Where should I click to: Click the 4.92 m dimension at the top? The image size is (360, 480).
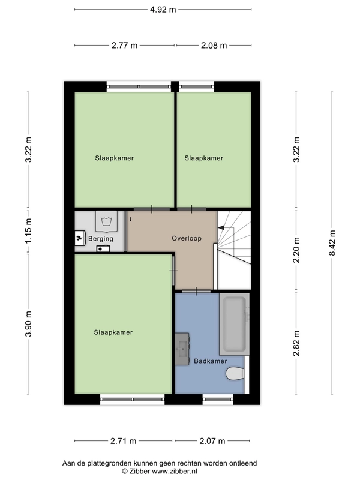click(163, 10)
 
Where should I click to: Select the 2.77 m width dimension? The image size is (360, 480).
click(124, 46)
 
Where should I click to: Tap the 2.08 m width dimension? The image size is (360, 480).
click(214, 46)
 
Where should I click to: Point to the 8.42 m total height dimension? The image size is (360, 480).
click(332, 243)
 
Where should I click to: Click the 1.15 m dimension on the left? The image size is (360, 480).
click(28, 231)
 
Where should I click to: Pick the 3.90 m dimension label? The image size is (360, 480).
click(28, 324)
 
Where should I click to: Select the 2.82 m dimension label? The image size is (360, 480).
click(296, 343)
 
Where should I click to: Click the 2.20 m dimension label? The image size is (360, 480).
click(296, 250)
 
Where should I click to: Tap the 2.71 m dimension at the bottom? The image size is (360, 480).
click(123, 441)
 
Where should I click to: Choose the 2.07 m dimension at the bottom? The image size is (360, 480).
click(212, 441)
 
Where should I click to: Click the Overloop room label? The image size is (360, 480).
click(187, 238)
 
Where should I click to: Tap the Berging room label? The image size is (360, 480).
click(101, 239)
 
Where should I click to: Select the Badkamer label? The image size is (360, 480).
click(211, 361)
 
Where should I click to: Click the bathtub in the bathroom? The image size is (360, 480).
click(234, 324)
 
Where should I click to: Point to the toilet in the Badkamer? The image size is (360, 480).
click(235, 374)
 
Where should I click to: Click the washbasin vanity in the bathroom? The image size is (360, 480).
click(182, 349)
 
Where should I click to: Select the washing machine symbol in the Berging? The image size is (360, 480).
click(107, 221)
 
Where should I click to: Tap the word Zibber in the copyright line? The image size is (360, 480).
click(140, 471)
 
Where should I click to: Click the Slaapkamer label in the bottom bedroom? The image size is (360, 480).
click(113, 332)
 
